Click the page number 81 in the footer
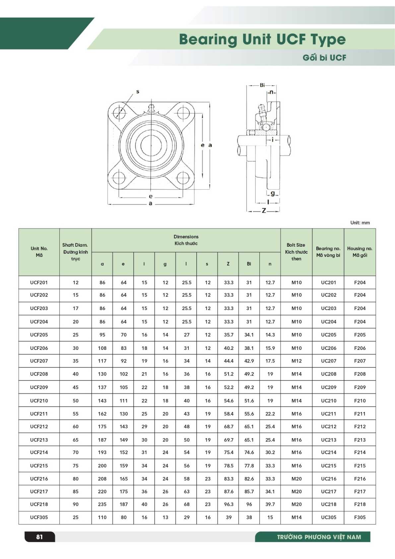39,537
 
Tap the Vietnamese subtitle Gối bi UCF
324,58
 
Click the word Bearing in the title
208,40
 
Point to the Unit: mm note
360,223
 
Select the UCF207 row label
39,361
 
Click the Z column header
228,264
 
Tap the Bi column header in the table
249,264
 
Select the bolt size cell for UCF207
296,361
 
